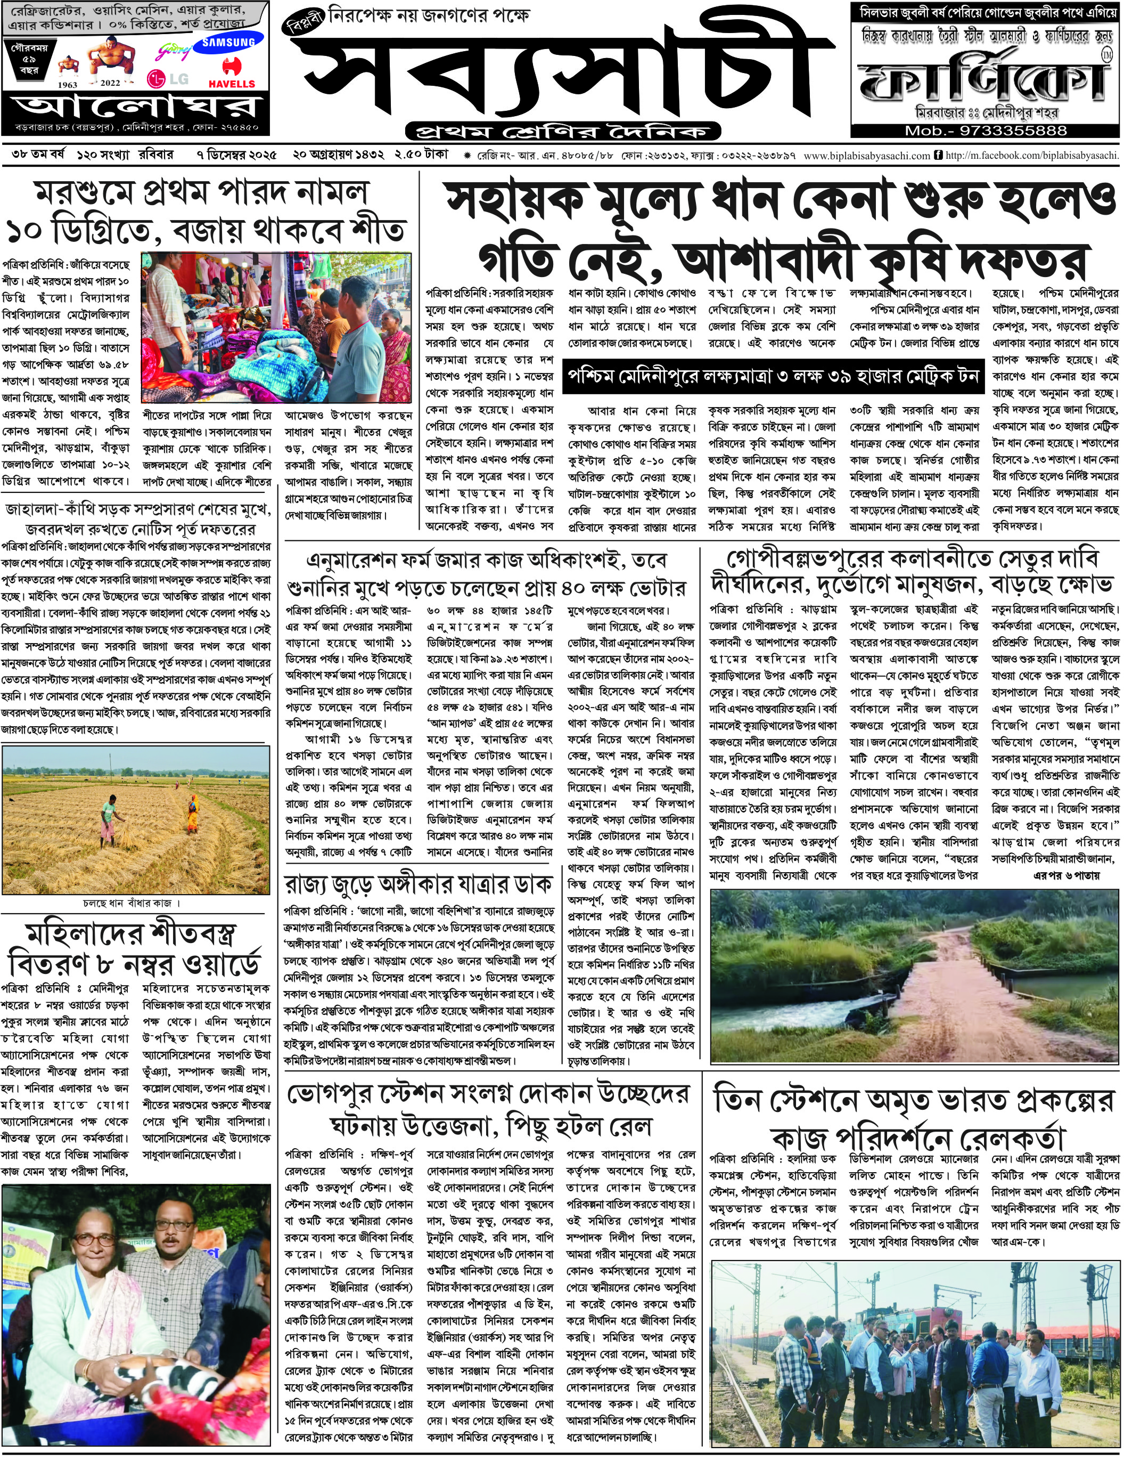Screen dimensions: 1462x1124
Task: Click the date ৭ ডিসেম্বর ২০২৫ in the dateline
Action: coord(237,155)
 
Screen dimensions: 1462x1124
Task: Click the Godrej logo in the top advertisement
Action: coord(167,51)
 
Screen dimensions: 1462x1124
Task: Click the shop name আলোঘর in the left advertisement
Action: coord(136,107)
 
